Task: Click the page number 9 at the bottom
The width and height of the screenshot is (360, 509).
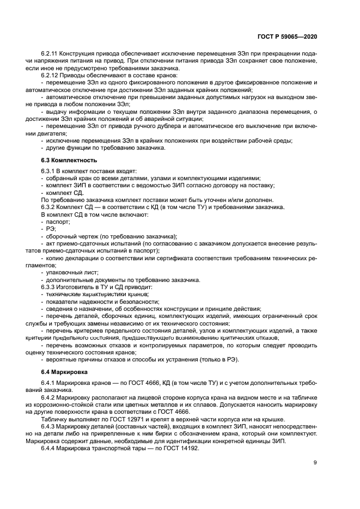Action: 315,463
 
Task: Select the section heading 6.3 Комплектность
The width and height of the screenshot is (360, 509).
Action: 69,161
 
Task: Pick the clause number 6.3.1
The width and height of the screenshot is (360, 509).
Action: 49,171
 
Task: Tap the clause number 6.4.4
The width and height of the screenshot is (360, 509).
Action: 49,439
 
